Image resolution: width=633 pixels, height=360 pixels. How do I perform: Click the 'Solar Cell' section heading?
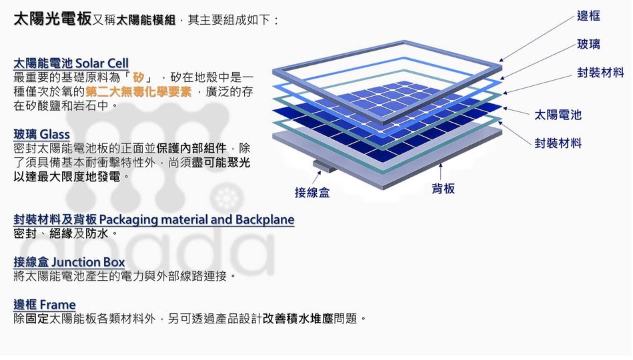point(71,63)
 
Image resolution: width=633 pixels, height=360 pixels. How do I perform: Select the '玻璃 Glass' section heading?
point(41,135)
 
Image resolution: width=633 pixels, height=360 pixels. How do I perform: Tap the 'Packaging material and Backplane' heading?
point(154,219)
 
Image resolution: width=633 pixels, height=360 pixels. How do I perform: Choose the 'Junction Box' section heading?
point(69,262)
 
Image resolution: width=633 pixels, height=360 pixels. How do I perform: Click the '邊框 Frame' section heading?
point(45,305)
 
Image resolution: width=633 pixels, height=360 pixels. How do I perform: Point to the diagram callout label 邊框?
point(588,16)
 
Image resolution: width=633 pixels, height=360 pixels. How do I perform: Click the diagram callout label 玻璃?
point(588,44)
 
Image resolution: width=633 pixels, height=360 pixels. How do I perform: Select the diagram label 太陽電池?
point(558,115)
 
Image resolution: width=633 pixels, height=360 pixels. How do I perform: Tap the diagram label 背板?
point(444,189)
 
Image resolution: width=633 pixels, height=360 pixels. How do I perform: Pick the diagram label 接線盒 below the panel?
point(312,193)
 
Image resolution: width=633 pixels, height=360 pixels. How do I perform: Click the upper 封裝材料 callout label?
point(600,73)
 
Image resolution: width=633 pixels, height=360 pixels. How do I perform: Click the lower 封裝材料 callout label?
point(558,143)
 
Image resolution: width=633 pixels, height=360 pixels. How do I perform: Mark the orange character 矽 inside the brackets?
point(139,77)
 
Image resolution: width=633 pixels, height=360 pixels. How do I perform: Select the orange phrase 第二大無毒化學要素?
point(139,91)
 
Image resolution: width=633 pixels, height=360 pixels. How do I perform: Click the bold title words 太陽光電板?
point(53,19)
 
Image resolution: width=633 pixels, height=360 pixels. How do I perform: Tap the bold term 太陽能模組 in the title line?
point(145,20)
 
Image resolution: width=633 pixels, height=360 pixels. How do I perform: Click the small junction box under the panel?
point(326,166)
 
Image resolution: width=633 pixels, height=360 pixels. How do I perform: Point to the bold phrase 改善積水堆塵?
point(298,319)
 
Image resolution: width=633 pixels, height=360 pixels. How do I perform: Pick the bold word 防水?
point(97,234)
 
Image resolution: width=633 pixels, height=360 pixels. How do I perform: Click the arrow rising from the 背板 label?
point(440,172)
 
